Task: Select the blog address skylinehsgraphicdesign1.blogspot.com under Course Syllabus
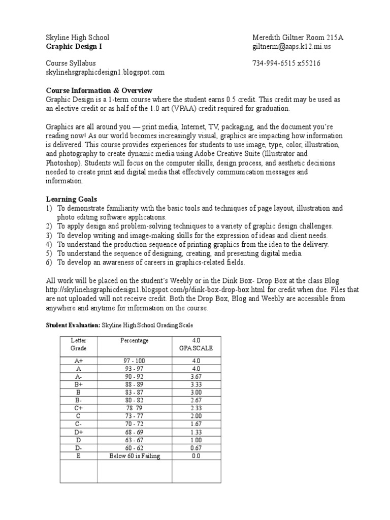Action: (105, 72)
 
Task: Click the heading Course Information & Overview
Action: (99, 90)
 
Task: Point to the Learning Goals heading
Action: (71, 200)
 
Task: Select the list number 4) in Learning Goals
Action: (49, 244)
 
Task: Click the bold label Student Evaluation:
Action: (73, 324)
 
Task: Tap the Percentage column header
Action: (134, 341)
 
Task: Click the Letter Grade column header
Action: (79, 344)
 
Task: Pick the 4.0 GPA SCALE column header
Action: (196, 344)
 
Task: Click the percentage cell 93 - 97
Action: (134, 368)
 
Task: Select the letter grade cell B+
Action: (79, 384)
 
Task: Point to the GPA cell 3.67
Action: (196, 376)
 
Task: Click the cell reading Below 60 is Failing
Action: (134, 456)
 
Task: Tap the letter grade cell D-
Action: (79, 448)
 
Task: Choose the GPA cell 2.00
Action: (196, 416)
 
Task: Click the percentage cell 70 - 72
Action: (134, 424)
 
